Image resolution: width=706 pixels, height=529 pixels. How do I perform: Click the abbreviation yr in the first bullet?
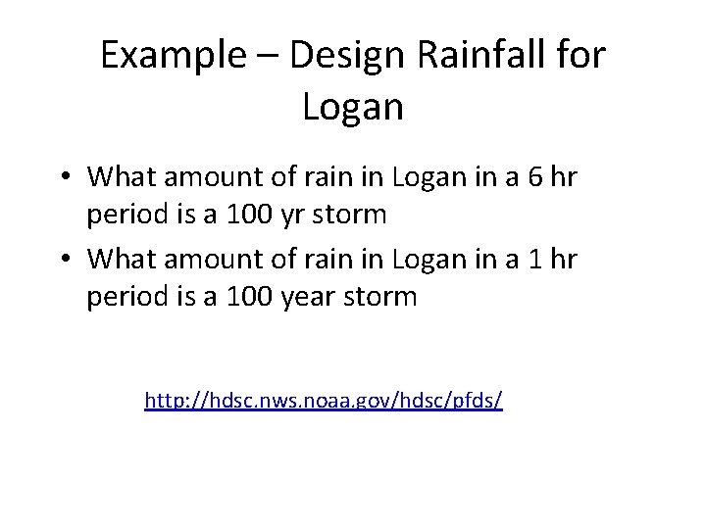(x=288, y=215)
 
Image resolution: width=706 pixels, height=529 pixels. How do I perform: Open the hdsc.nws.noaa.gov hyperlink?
(x=323, y=400)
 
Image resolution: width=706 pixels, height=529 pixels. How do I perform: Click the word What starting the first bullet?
(x=124, y=177)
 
